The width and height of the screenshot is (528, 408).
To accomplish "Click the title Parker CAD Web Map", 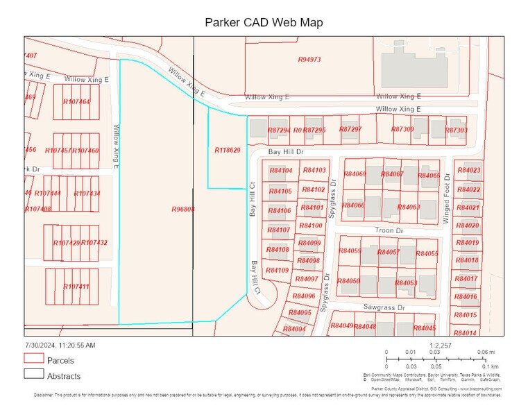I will click(x=264, y=22).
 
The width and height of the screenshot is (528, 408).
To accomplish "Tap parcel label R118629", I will click(x=227, y=150).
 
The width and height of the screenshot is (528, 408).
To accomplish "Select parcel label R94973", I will click(x=309, y=60).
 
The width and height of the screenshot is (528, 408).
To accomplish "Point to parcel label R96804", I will click(x=182, y=208).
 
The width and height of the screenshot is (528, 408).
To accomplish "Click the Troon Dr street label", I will click(x=389, y=230).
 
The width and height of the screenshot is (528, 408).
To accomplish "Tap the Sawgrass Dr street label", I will click(x=383, y=306).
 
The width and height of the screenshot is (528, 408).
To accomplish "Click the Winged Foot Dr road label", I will click(x=447, y=198).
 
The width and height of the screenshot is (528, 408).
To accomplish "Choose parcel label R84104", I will click(x=280, y=171).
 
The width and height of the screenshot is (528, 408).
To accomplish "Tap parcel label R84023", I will click(x=468, y=171).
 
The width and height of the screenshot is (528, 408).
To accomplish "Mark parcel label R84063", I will click(x=409, y=207).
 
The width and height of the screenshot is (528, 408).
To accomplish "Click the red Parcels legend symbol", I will click(x=33, y=359).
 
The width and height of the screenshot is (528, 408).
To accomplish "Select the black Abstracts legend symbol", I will click(x=33, y=375).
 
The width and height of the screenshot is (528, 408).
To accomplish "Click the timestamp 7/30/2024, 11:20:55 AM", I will click(x=60, y=345).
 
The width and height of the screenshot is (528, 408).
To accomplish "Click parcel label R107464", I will click(x=76, y=102).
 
